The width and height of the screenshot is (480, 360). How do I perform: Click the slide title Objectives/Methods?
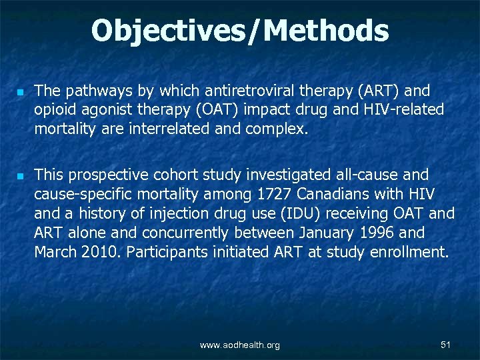[x=240, y=31]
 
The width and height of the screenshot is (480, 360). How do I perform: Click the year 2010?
[x=98, y=253]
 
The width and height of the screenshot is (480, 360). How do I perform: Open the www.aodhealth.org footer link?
[x=240, y=345]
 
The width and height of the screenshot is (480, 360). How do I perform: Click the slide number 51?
[x=446, y=344]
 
